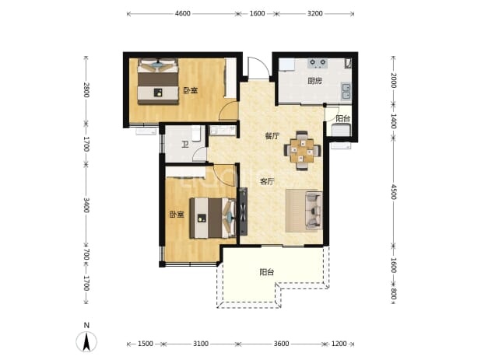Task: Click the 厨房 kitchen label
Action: (x=314, y=81)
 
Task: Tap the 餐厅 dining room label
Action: (x=272, y=136)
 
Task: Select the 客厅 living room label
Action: (x=267, y=181)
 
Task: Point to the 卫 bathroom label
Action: (x=184, y=145)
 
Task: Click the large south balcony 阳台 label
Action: (x=267, y=272)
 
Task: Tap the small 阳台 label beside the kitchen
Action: (x=342, y=118)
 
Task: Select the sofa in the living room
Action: (x=314, y=211)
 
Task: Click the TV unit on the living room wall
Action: (x=244, y=211)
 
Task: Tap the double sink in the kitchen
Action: (x=346, y=92)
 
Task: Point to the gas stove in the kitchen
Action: (x=318, y=63)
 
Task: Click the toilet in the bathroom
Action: (x=196, y=134)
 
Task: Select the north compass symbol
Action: (x=86, y=341)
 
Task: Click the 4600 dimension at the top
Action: (x=183, y=13)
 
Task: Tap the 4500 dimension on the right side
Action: (x=394, y=192)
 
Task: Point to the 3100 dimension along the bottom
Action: (x=201, y=344)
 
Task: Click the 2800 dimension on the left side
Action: (x=86, y=90)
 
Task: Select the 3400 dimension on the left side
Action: (x=86, y=205)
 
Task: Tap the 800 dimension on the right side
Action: (x=394, y=295)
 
